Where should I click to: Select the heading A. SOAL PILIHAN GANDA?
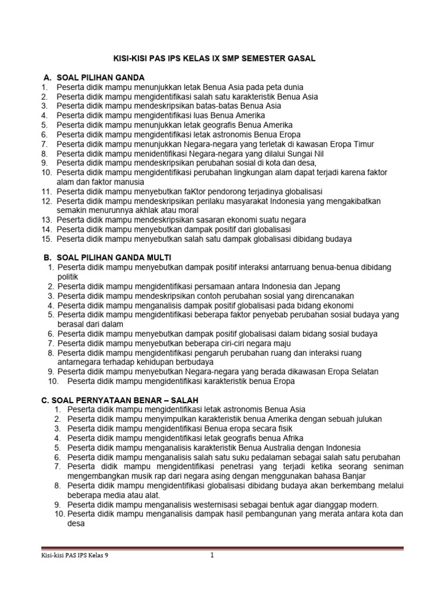(x=94, y=78)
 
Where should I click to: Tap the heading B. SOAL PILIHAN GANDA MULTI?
(x=108, y=258)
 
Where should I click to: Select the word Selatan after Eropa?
(x=363, y=372)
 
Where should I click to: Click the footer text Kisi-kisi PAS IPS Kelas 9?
(x=76, y=555)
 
